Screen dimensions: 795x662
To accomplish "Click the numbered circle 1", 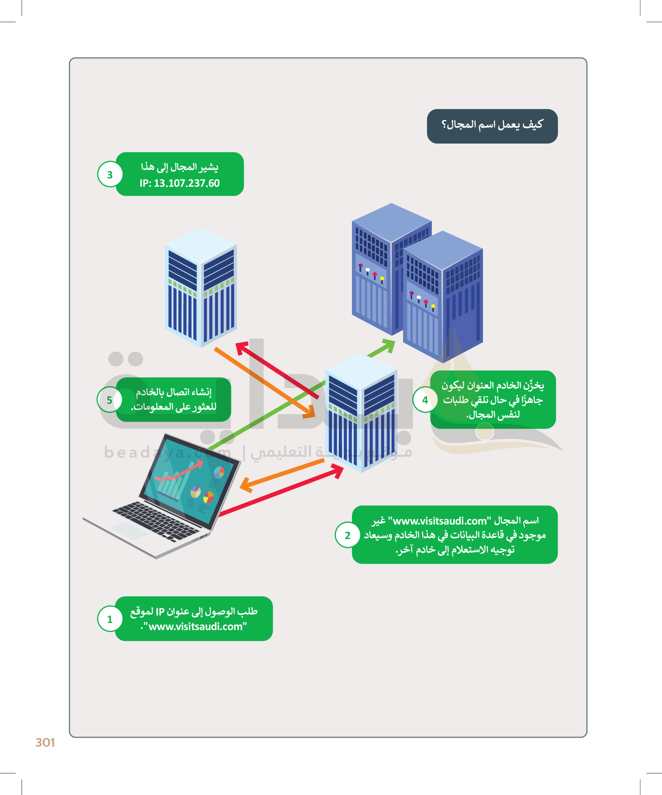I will coord(110,619).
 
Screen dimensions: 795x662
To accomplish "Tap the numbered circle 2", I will coord(347,535).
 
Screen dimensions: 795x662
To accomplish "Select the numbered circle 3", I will coord(110,174).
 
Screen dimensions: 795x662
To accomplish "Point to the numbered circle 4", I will coord(425,400).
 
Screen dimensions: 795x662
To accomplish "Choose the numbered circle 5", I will coord(109,400).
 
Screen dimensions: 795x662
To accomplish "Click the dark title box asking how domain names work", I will coord(492,126).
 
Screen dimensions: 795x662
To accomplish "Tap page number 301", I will coord(45,742).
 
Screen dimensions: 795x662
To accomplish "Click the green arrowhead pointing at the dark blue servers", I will coord(388,345).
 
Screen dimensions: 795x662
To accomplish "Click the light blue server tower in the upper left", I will coord(200,288).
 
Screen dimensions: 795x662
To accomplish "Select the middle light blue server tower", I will coord(361,413).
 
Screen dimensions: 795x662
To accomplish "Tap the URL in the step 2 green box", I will coord(439,521).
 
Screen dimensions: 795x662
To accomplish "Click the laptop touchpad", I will coord(129,530).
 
